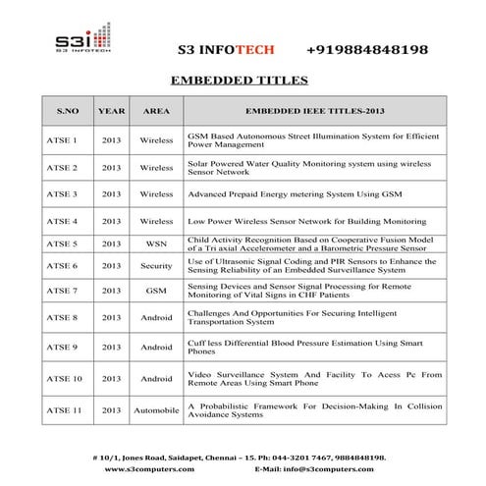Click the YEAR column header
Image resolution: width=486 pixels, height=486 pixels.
[x=112, y=111]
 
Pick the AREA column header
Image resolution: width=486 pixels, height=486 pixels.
[x=155, y=111]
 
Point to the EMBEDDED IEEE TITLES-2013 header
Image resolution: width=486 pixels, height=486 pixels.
[x=313, y=111]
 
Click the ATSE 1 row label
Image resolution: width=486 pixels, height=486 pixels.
[x=62, y=140]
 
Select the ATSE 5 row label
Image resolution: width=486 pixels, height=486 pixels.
[x=62, y=243]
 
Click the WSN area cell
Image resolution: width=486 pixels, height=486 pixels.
[x=155, y=243]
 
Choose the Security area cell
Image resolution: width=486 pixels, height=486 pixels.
[x=155, y=266]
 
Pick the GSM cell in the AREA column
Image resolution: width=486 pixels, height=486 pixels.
[x=155, y=291]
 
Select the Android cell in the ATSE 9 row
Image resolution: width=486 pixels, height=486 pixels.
[x=155, y=347]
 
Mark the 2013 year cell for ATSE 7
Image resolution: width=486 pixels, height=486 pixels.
[x=112, y=291]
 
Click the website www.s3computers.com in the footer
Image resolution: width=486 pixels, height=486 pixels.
[x=148, y=468]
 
